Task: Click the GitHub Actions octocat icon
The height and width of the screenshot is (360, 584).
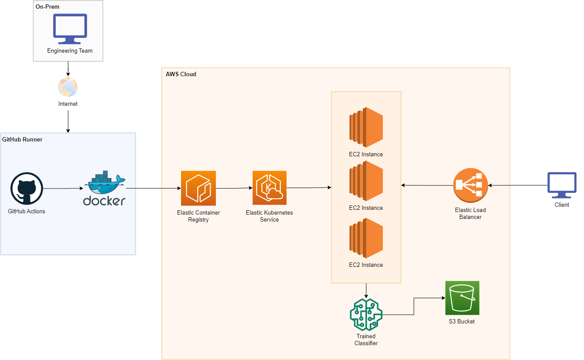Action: [27, 188]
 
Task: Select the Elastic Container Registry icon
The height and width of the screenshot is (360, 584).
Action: [198, 188]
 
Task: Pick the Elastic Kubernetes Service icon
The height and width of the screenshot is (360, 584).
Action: [269, 188]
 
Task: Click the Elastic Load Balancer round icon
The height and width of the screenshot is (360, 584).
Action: [470, 185]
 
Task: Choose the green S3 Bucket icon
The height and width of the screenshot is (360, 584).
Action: [462, 298]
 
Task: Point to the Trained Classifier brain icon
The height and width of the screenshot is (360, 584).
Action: [366, 314]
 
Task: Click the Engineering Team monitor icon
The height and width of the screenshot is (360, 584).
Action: [70, 29]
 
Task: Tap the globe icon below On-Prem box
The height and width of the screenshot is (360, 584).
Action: [68, 87]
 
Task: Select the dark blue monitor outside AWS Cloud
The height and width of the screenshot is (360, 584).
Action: [562, 185]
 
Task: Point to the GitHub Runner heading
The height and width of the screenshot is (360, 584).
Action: [22, 140]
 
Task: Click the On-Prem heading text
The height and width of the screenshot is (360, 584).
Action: [47, 7]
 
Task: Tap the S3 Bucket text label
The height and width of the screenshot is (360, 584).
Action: [462, 322]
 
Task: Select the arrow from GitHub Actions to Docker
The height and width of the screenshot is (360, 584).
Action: [63, 188]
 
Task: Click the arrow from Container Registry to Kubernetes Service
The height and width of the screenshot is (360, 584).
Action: [234, 188]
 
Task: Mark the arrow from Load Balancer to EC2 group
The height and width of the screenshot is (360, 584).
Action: [427, 185]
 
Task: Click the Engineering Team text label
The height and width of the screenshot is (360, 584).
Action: [70, 51]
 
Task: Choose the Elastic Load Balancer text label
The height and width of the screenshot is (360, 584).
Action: [470, 213]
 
